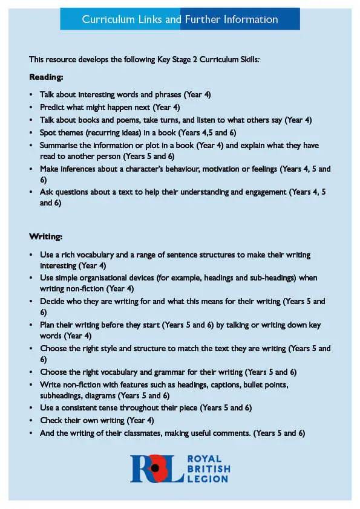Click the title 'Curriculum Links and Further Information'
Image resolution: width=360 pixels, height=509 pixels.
pos(180,19)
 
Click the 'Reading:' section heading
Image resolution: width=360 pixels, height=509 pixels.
pos(46,77)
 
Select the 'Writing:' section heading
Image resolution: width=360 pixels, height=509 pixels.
pos(46,236)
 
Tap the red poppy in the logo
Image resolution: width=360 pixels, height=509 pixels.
pos(156,468)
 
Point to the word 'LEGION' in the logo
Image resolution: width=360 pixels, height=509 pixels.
pos(208,479)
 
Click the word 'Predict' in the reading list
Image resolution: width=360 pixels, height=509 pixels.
pos(52,108)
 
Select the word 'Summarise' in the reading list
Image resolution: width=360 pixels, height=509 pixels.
pos(59,146)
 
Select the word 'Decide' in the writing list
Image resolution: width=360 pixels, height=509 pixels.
pos(52,301)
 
